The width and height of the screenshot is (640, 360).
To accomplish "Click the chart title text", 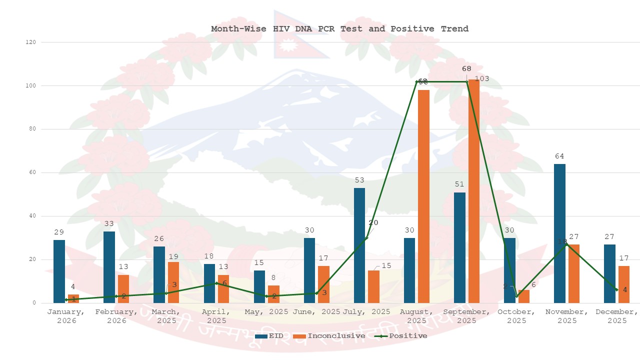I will (x=339, y=29).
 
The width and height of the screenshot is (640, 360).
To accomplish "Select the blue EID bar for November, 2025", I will (x=559, y=233).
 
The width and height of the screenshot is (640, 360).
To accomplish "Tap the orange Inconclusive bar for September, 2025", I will (x=473, y=191).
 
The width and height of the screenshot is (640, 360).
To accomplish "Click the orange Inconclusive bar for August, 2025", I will (x=423, y=196).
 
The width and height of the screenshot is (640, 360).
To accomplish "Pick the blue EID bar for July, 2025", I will (x=359, y=245).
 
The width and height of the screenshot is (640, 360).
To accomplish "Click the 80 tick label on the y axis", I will (x=32, y=129).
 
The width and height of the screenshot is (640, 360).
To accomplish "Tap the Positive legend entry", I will (x=402, y=336).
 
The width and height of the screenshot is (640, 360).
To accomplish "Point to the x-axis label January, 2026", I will (x=66, y=316).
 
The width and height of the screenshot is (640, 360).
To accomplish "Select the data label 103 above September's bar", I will (x=482, y=78).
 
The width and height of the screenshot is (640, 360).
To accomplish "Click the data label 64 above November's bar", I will (x=559, y=156).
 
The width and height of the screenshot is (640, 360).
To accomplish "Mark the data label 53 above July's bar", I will (x=359, y=180).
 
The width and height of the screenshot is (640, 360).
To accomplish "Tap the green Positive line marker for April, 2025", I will (x=216, y=283).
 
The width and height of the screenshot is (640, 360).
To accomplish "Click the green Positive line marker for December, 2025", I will (x=616, y=290).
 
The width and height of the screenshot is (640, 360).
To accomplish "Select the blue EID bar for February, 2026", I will (x=109, y=267).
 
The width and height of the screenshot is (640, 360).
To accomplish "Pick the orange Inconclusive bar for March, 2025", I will (x=173, y=282).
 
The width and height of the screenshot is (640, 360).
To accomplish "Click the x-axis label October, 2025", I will (x=516, y=316).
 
